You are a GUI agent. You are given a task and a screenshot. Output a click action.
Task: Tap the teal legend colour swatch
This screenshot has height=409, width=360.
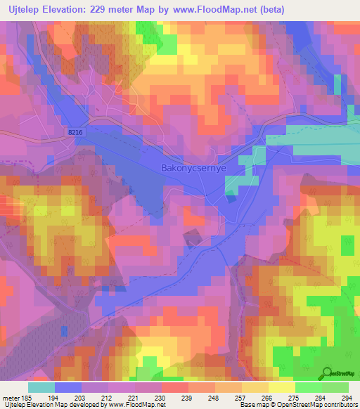click(41, 387)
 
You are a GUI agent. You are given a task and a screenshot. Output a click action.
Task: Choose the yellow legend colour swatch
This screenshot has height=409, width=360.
click(281, 387)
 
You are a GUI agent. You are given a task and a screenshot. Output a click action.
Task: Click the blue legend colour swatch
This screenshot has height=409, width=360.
click(67, 387)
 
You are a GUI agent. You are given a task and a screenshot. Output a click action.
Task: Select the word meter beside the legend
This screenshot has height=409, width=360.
click(11, 397)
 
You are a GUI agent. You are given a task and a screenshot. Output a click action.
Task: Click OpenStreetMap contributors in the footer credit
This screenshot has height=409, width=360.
click(320, 405)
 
